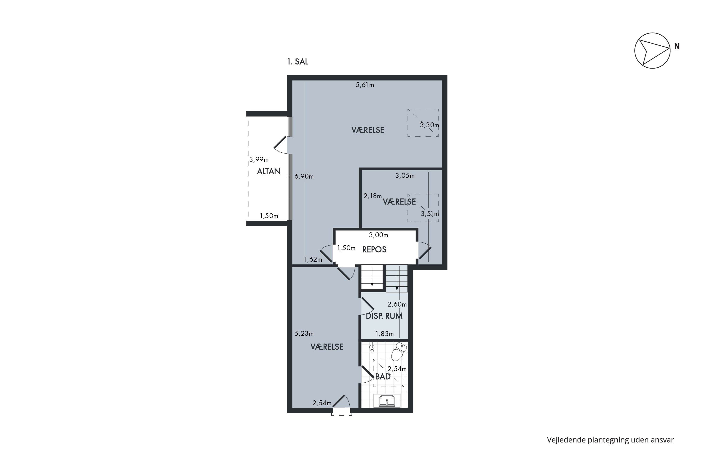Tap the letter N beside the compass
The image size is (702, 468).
(677, 47)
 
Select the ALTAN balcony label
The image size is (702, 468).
(269, 171)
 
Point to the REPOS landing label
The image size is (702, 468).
(374, 249)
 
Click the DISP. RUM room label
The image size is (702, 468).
(384, 316)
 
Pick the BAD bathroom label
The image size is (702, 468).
(383, 377)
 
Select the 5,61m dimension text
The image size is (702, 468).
(365, 85)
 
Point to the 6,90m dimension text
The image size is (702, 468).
(304, 176)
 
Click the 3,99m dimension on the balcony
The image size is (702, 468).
(259, 160)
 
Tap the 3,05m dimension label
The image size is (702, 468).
(405, 176)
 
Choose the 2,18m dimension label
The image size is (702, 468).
(373, 196)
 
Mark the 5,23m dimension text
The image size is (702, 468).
(304, 334)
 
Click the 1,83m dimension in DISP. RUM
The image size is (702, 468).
(384, 334)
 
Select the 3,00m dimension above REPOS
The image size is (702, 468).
(378, 235)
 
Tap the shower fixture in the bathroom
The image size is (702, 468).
(372, 347)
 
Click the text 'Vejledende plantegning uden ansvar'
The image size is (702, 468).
(610, 440)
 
